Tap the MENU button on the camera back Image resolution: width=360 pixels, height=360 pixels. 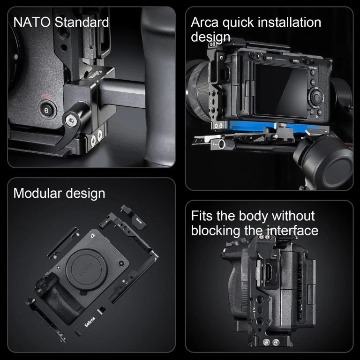296,60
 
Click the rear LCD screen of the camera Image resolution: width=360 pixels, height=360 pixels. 281,89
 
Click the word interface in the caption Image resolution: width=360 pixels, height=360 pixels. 292,230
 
